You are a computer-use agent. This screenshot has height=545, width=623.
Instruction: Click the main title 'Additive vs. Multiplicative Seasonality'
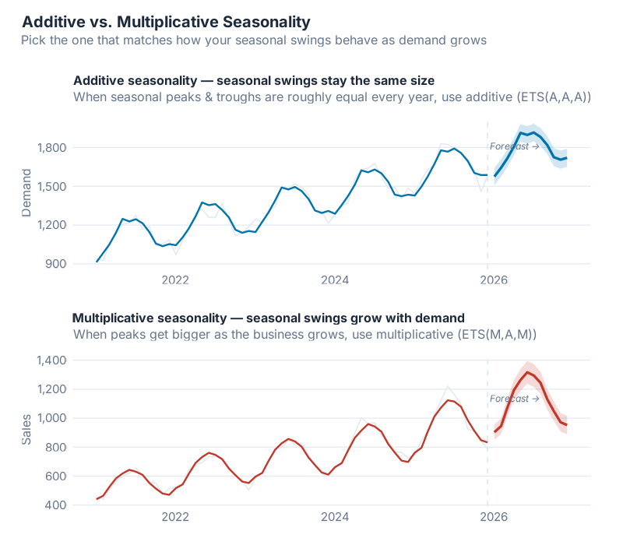tap(165, 22)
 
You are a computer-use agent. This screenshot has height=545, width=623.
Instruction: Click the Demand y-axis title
tap(27, 192)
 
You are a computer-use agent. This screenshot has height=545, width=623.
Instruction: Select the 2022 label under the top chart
tap(176, 280)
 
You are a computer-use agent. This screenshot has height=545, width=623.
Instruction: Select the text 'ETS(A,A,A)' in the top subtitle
tap(554, 97)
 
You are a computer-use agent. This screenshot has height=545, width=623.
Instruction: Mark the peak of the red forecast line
tap(528, 372)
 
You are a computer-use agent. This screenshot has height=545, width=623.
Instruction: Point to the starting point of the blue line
tap(97, 262)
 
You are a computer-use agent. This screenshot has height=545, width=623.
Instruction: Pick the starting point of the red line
tap(97, 499)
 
